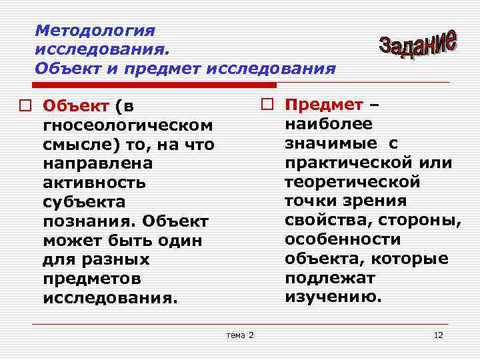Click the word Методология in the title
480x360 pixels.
point(95,31)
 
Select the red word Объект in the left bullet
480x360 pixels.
point(75,106)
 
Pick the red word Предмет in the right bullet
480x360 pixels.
point(323,105)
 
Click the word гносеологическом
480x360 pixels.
point(128,125)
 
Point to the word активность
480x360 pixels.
point(94,183)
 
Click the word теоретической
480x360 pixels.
point(352,182)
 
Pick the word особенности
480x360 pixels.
point(343,239)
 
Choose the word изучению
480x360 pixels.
point(333,297)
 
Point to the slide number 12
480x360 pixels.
point(438,335)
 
